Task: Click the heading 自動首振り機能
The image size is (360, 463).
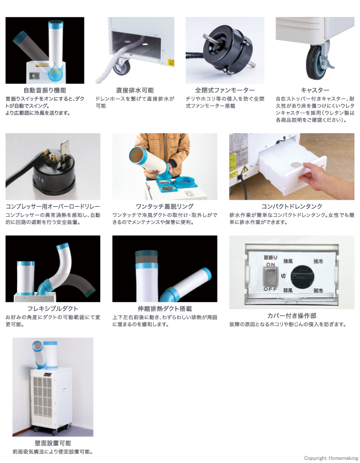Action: click(x=45, y=90)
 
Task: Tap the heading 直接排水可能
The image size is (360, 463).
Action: click(x=135, y=90)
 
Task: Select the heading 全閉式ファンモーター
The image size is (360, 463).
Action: click(x=225, y=90)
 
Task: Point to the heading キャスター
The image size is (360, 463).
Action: click(x=315, y=90)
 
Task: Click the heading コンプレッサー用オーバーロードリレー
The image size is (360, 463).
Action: click(x=52, y=206)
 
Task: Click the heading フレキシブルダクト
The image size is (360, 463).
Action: click(x=45, y=309)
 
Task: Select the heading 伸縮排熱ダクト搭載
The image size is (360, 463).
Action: click(x=165, y=309)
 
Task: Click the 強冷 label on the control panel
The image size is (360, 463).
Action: click(x=318, y=262)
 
